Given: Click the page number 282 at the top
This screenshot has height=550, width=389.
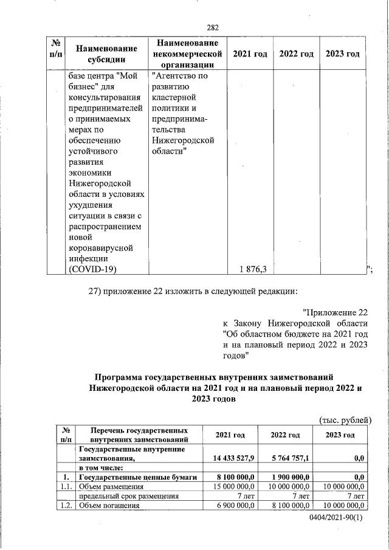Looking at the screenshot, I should point(213,27).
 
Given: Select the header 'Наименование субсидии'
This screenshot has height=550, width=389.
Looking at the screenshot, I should point(102,53).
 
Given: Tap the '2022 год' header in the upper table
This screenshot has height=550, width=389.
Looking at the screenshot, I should point(296,54).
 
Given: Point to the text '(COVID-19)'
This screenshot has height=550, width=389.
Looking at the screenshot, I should point(92,269).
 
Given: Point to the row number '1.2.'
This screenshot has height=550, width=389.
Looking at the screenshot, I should point(64,506).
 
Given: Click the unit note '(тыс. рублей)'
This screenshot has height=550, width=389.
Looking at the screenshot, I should point(345,419).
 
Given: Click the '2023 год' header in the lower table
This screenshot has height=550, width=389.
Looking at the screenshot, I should point(340,435).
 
